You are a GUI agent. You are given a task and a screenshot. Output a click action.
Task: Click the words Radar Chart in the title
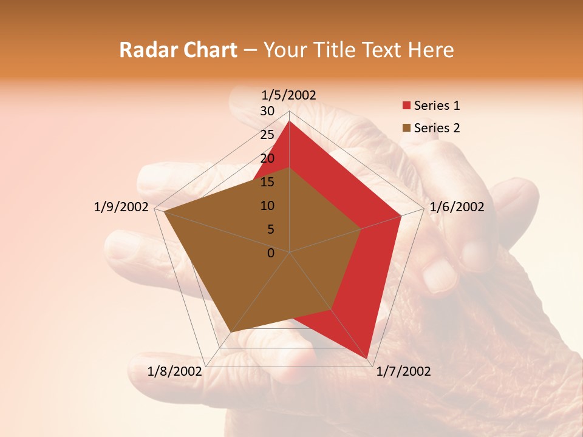click(x=178, y=50)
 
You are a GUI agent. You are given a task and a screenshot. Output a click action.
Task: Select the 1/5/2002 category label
click(x=289, y=95)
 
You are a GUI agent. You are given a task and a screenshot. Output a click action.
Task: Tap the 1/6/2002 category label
click(x=457, y=207)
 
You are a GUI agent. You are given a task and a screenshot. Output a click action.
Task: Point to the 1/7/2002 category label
click(x=403, y=371)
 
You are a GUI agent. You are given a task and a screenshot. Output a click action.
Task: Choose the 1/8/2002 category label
click(x=175, y=371)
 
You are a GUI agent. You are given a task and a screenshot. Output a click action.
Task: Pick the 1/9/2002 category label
click(x=121, y=207)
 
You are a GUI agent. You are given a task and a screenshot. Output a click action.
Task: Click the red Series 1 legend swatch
click(x=406, y=106)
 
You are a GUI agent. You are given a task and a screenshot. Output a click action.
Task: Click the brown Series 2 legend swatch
click(x=406, y=128)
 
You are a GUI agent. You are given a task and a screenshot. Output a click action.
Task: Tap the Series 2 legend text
click(x=437, y=128)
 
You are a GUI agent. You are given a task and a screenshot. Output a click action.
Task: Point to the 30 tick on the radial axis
click(x=267, y=111)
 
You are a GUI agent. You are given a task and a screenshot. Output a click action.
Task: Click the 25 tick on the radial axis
click(x=267, y=135)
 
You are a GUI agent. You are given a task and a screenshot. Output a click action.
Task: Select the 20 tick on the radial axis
click(x=267, y=158)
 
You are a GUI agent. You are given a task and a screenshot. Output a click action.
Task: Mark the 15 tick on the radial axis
click(x=267, y=182)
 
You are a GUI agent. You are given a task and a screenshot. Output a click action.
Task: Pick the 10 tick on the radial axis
click(x=267, y=206)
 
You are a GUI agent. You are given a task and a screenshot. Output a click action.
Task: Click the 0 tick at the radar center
click(x=271, y=253)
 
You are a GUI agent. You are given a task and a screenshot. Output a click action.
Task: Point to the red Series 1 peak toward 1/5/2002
click(x=289, y=121)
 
